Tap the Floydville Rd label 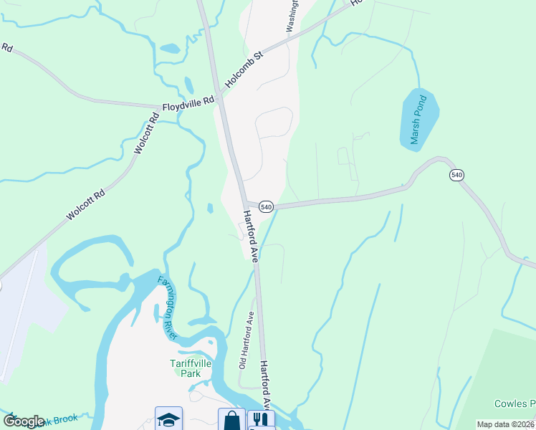188,105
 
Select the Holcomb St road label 244,70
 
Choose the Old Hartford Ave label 246,340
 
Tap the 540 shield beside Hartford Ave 266,206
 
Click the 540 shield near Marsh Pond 456,174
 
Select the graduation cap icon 168,419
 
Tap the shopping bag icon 231,419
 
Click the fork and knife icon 261,419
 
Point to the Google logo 24,421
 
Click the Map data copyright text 505,424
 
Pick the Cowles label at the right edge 515,403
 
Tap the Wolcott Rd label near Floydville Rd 146,134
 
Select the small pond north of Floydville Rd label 170,49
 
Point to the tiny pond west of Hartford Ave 209,209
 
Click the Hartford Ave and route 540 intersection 244,204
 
